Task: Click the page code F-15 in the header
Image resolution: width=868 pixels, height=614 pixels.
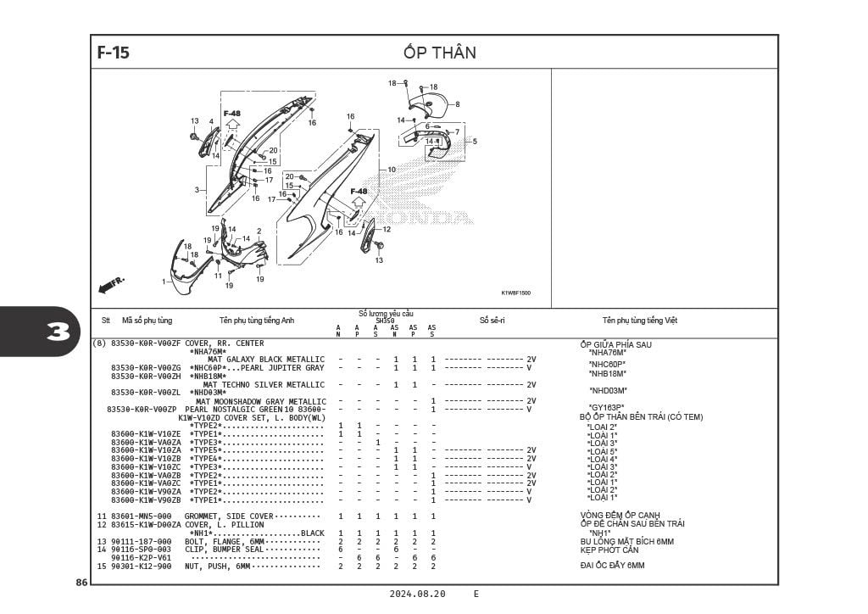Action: (x=114, y=53)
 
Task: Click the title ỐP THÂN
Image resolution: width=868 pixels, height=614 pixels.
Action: (x=440, y=53)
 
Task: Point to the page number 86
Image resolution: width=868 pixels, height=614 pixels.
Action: (x=81, y=583)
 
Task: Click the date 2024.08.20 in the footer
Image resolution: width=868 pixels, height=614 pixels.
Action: (x=417, y=594)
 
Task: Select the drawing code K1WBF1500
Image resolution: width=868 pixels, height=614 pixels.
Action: (x=515, y=293)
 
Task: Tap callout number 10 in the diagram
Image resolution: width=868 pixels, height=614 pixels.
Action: (x=392, y=170)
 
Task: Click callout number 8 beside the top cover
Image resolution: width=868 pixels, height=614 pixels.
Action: (x=457, y=104)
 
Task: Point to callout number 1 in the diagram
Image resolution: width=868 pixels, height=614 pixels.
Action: (x=164, y=281)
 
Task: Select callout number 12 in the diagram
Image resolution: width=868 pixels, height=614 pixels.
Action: (x=387, y=229)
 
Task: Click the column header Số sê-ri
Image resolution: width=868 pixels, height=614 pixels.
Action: (x=492, y=321)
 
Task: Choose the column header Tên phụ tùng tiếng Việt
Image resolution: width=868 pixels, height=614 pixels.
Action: (x=640, y=321)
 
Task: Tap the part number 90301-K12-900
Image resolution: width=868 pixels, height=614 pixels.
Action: (x=141, y=566)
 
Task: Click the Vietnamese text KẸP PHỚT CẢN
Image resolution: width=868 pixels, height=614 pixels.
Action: (x=609, y=550)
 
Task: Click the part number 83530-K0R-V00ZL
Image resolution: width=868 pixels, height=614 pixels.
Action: (x=146, y=393)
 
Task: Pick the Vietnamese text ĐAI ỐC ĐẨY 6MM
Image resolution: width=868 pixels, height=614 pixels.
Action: (x=612, y=566)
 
